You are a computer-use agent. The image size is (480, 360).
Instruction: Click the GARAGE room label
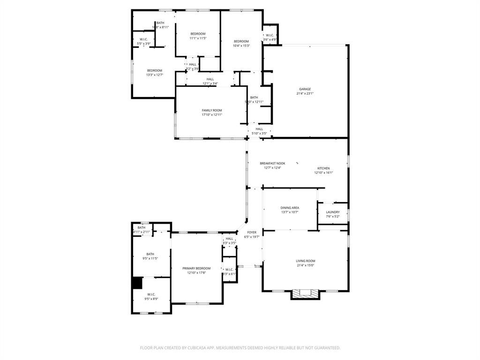point(305,89)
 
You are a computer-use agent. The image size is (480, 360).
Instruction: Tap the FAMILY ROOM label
point(212,110)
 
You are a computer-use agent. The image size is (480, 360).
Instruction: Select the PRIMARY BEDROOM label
point(196,268)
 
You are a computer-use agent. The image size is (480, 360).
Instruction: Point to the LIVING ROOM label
point(305,261)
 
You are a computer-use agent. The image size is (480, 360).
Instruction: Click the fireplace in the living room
point(305,293)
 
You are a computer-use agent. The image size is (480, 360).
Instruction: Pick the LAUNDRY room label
point(333,212)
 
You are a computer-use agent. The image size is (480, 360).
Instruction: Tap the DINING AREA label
point(290,208)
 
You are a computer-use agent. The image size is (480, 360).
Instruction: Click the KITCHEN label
point(323,168)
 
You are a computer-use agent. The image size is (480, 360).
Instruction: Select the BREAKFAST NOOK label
point(272,163)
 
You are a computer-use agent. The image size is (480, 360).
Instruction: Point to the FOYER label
point(252,232)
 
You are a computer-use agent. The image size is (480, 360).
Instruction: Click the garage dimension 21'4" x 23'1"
point(305,93)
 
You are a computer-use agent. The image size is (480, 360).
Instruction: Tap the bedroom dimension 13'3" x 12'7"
point(155,75)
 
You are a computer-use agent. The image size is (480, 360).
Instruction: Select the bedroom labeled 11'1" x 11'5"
point(198,36)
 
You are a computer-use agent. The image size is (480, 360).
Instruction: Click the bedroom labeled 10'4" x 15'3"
point(241,43)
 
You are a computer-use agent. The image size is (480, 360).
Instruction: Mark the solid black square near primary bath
point(137,283)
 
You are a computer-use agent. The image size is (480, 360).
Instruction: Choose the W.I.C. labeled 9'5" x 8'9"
point(150,297)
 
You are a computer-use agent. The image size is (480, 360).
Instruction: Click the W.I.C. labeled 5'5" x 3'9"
point(143,41)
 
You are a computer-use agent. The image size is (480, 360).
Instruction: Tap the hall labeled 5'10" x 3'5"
point(259,131)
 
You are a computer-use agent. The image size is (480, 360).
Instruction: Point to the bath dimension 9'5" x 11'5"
point(150,258)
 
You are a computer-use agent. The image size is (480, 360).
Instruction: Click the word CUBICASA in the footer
point(195,348)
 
